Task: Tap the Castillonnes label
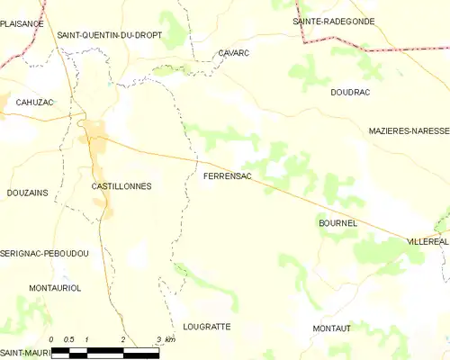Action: pos(121,186)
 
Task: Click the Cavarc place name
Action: pos(234,53)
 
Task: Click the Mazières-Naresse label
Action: pos(408,130)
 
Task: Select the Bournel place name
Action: pos(338,222)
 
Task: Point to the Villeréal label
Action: pos(427,243)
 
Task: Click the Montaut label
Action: pos(331,329)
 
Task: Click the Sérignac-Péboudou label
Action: pos(44,255)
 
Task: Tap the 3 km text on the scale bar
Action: pos(163,339)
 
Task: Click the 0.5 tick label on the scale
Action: pos(68,339)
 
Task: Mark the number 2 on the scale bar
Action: pos(121,339)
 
